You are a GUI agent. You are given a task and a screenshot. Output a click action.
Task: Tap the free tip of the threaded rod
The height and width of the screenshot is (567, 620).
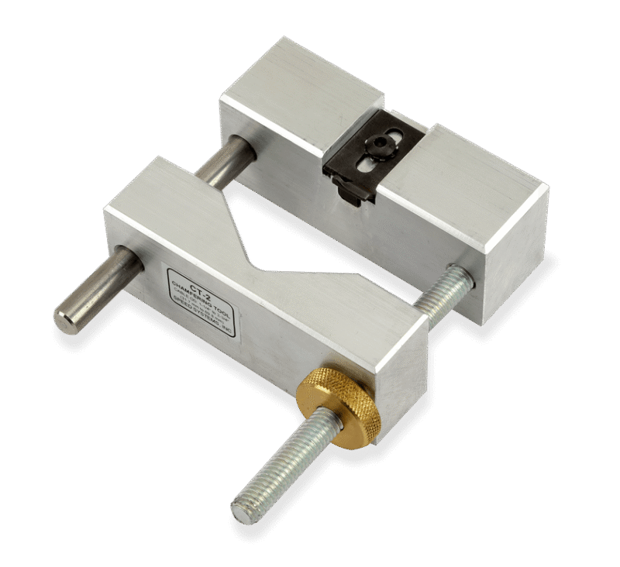(x=242, y=512)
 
